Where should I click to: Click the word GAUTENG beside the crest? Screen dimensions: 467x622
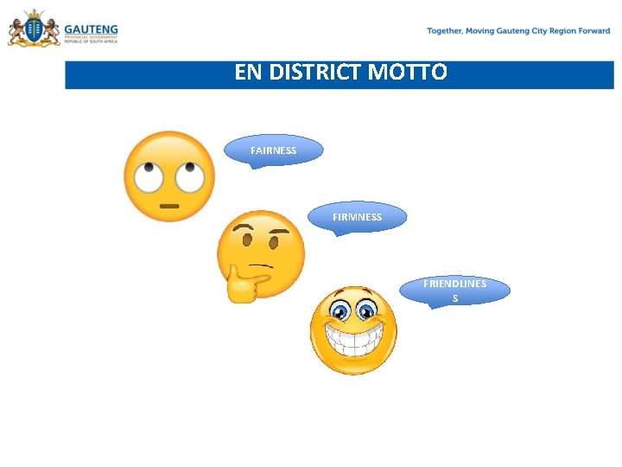pyautogui.click(x=91, y=27)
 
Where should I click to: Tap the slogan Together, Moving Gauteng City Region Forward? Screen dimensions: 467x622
pyautogui.click(x=518, y=31)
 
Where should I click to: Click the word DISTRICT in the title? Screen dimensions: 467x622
pyautogui.click(x=316, y=73)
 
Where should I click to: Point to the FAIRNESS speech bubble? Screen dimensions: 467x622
pyautogui.click(x=273, y=150)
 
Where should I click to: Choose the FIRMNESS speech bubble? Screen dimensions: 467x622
pyautogui.click(x=357, y=217)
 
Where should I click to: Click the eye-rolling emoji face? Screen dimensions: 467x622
pyautogui.click(x=169, y=176)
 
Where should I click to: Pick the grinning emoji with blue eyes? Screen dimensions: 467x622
pyautogui.click(x=353, y=330)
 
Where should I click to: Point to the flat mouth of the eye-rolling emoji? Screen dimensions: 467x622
pyautogui.click(x=169, y=205)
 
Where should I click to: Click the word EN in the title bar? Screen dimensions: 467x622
pyautogui.click(x=247, y=73)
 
